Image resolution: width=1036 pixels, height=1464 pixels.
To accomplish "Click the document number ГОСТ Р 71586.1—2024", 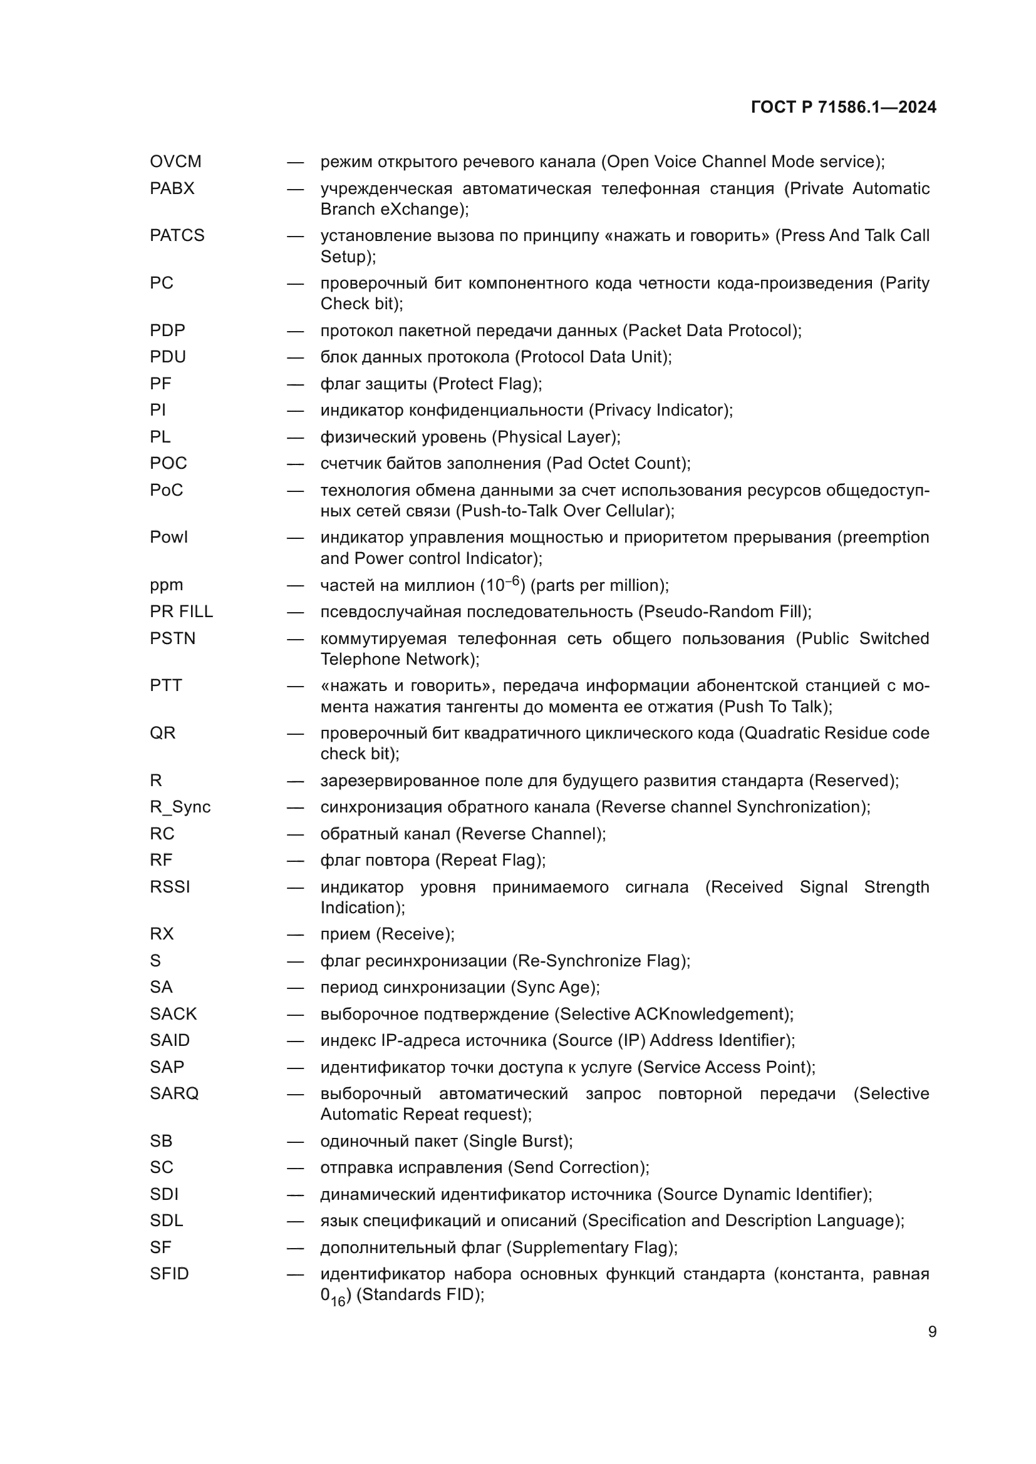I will click(843, 107).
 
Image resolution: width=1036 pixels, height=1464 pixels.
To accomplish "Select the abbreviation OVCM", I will click(175, 162).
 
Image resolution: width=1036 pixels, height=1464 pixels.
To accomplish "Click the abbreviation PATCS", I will click(177, 236).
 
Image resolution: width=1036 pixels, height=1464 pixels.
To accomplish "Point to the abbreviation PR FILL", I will click(181, 612).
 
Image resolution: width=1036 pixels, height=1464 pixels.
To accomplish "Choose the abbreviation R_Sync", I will click(180, 807).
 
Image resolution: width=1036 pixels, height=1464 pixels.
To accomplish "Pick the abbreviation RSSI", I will click(170, 887).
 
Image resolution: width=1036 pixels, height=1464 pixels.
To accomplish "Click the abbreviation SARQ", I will click(174, 1093).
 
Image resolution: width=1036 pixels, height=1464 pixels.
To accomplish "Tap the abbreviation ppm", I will click(167, 585).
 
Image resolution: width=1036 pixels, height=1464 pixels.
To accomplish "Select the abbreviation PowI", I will click(169, 538).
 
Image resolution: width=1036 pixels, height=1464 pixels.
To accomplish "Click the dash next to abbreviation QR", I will click(295, 734).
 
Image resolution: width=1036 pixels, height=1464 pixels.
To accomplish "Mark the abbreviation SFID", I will click(169, 1274).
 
